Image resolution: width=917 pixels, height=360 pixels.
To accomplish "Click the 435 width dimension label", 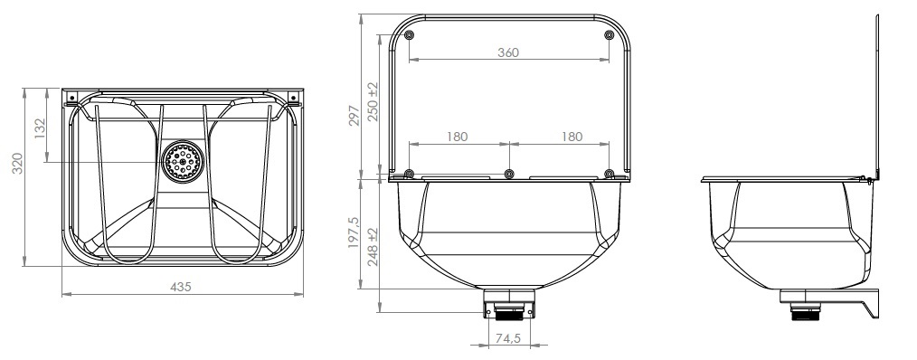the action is click(181, 287).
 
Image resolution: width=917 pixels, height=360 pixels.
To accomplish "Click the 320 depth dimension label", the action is click(17, 164).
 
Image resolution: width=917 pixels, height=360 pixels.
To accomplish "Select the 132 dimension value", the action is click(40, 128).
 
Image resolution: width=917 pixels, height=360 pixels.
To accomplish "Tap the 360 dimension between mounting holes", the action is click(508, 52).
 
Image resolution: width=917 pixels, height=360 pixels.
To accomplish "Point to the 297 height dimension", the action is click(354, 116).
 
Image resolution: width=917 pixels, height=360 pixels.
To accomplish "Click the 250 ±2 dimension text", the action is click(373, 102).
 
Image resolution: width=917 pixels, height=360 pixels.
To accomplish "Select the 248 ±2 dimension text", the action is click(373, 247).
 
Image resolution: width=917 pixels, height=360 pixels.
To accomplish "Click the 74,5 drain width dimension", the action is click(508, 338).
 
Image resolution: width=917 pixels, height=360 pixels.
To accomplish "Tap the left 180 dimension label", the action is click(458, 137).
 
